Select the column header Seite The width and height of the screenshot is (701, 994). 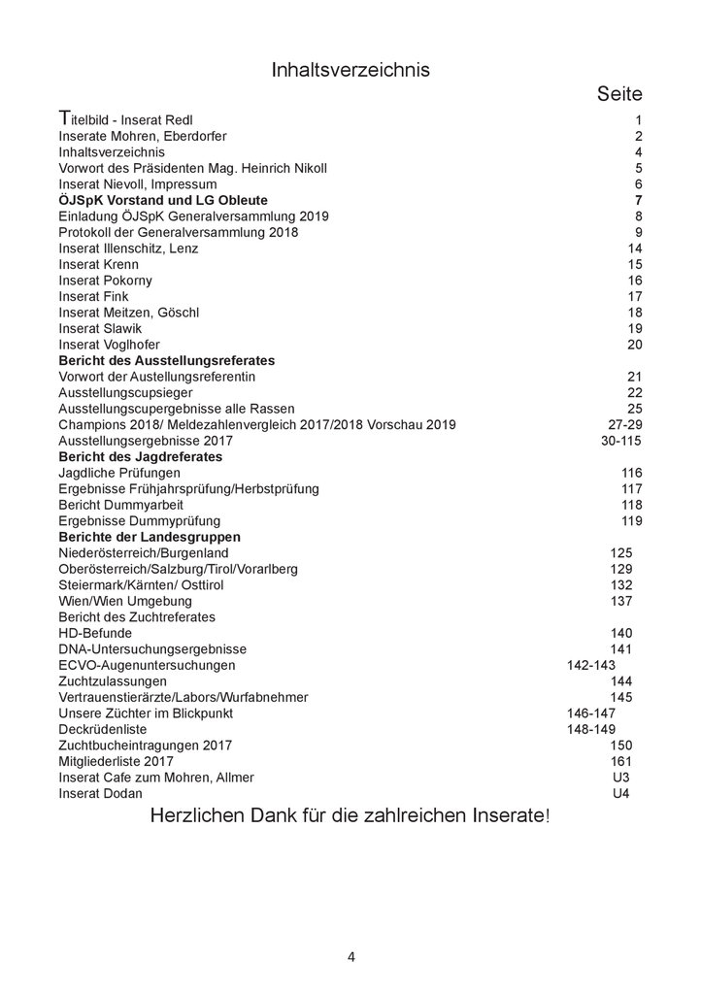619,94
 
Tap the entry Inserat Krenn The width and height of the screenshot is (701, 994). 99,264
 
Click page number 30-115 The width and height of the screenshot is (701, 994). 621,441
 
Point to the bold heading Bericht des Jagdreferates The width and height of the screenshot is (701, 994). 142,456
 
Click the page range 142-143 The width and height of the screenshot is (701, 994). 590,665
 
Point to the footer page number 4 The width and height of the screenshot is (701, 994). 351,956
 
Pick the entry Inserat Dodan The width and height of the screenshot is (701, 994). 101,793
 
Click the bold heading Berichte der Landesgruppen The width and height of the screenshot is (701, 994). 150,537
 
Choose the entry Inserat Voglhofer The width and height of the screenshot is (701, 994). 110,345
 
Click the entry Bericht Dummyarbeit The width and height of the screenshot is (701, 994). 121,505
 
